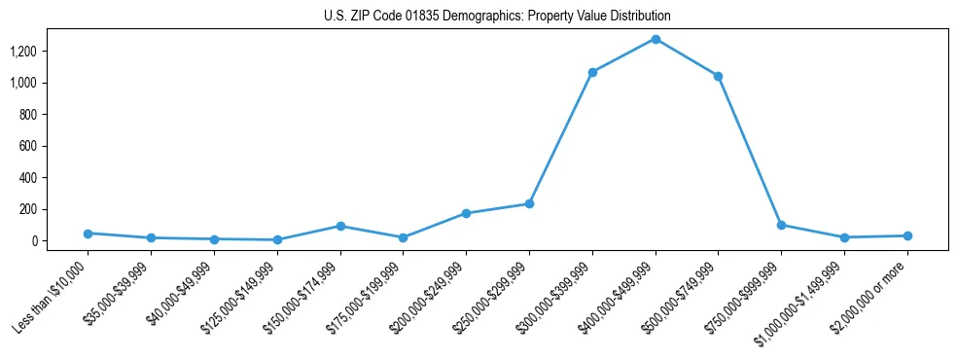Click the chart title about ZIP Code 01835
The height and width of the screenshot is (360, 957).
tap(497, 17)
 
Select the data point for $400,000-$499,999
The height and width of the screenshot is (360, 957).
tap(656, 39)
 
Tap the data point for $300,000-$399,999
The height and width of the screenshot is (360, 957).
tap(592, 72)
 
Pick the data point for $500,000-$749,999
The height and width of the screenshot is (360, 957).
tap(718, 76)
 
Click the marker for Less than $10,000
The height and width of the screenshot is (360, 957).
tap(89, 234)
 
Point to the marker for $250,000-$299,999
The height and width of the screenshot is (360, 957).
tap(529, 203)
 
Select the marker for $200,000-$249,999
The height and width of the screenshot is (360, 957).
tap(466, 213)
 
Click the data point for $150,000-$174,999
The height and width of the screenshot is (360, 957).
tap(340, 226)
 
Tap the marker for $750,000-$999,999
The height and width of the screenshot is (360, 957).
tap(781, 225)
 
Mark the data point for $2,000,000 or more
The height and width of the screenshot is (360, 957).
tap(906, 235)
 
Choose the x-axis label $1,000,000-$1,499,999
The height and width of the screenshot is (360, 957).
tap(799, 301)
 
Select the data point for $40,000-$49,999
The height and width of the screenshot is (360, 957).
tap(214, 238)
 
